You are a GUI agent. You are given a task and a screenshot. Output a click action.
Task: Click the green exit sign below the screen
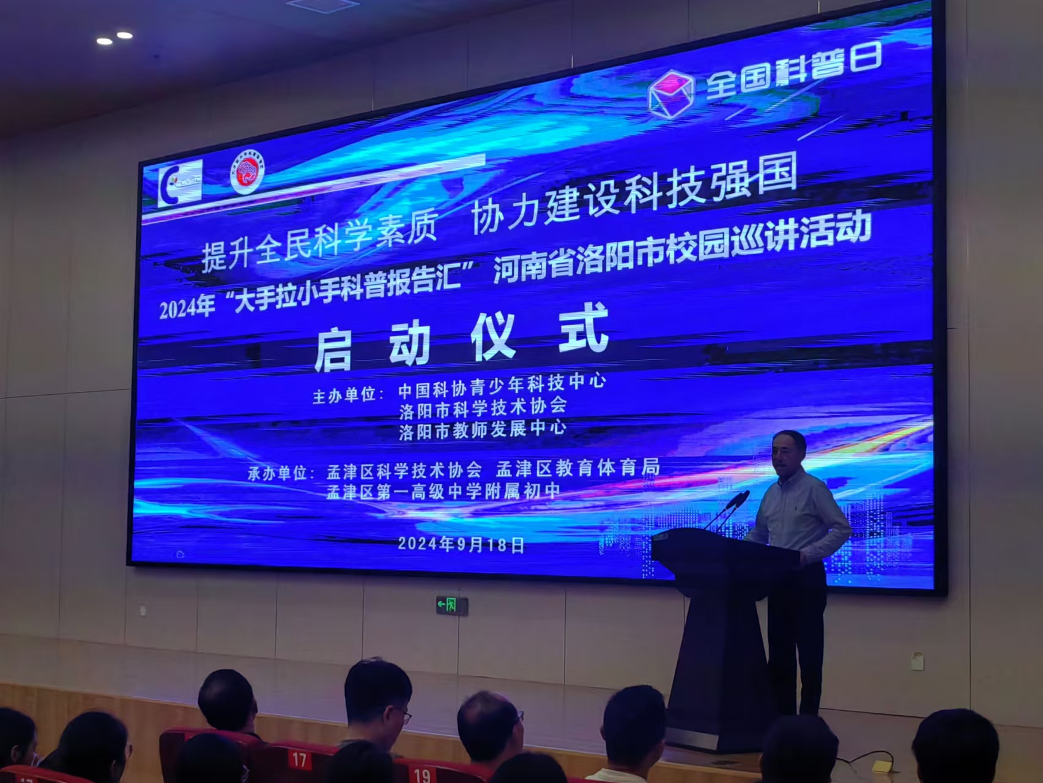[452, 605]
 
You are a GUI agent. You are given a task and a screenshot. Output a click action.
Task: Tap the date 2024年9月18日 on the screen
[461, 544]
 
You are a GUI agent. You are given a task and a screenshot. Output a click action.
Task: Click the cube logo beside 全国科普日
[671, 94]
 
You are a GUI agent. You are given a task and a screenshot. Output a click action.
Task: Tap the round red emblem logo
[247, 172]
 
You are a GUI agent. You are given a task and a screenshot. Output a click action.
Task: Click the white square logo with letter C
[180, 183]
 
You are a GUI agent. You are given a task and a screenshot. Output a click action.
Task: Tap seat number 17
[299, 760]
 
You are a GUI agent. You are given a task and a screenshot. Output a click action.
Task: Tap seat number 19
[422, 775]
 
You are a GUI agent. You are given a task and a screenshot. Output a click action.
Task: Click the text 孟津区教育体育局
[577, 468]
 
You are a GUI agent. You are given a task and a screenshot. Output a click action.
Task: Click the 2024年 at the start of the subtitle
[187, 306]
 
